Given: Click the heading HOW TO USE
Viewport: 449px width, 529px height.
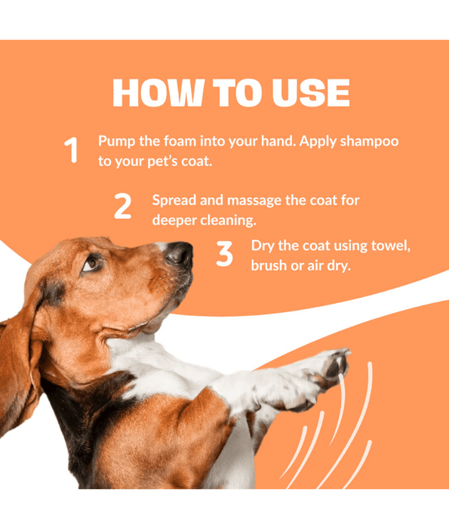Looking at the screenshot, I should [231, 93].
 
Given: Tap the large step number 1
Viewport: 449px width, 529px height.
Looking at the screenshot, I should [71, 150].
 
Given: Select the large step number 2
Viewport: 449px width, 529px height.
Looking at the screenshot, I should [122, 206].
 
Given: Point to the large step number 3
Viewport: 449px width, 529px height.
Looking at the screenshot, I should [224, 254].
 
